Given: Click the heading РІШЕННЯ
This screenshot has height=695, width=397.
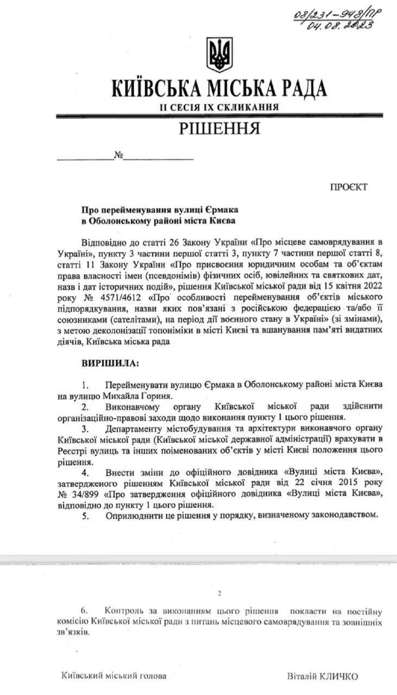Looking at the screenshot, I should click(219, 129).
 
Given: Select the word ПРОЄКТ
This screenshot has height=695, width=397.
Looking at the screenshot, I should click(349, 187).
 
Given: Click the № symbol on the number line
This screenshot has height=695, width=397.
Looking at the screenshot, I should click(118, 156).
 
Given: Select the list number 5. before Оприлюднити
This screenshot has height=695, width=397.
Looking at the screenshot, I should click(85, 514).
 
